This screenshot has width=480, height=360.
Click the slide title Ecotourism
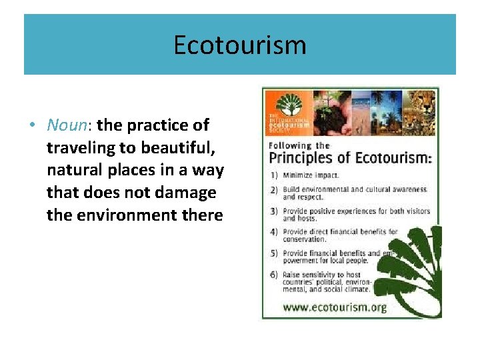click(239, 45)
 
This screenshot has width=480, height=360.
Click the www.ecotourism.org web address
click(335, 307)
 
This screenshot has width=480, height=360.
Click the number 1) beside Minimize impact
click(274, 175)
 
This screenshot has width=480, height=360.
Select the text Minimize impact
click(311, 175)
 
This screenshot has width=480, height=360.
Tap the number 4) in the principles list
click(274, 232)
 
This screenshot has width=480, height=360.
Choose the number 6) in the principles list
click(274, 275)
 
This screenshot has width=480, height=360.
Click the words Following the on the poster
click(299, 145)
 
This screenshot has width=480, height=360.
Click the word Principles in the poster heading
click(301, 159)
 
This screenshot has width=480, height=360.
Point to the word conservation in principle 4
click(304, 239)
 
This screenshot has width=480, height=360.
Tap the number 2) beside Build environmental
click(274, 190)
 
